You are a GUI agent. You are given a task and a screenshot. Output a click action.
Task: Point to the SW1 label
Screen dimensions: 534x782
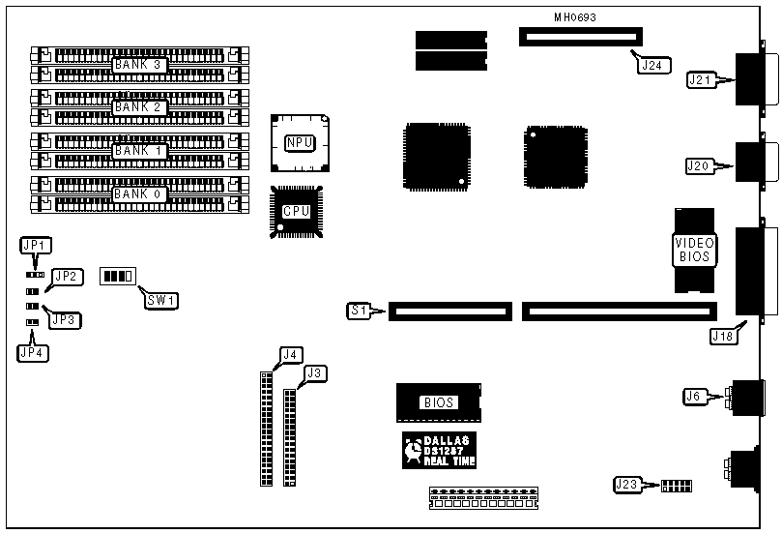pyautogui.click(x=159, y=299)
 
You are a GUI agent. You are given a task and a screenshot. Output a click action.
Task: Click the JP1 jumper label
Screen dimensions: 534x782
pyautogui.click(x=38, y=247)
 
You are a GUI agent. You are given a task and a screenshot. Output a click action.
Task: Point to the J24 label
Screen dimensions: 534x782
pyautogui.click(x=651, y=66)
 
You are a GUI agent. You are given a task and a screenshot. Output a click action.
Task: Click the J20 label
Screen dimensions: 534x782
pyautogui.click(x=698, y=165)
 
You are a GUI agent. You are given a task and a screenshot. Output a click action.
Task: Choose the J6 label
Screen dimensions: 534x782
pyautogui.click(x=692, y=395)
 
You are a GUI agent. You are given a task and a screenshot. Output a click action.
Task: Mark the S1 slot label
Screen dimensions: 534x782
pyautogui.click(x=359, y=311)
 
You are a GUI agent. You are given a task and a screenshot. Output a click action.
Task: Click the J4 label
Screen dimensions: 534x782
pyautogui.click(x=288, y=354)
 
